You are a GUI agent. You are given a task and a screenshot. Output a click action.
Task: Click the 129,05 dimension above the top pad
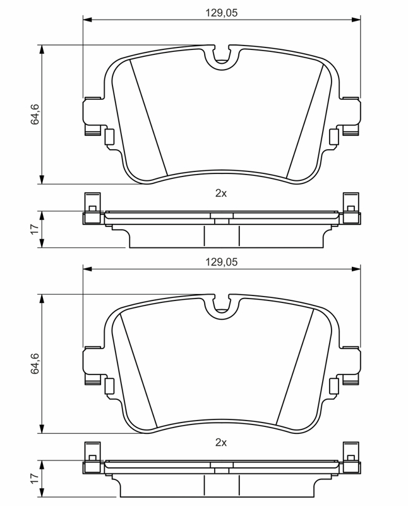tap(222, 13)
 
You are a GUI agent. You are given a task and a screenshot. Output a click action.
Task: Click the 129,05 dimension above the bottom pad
tap(222, 262)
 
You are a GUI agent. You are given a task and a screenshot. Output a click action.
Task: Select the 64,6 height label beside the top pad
tap(35, 114)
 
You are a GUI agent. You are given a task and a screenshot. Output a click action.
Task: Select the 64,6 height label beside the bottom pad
tap(35, 363)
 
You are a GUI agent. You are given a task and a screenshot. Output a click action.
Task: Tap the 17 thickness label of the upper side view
tap(35, 230)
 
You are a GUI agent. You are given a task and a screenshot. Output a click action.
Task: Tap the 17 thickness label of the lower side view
tap(35, 479)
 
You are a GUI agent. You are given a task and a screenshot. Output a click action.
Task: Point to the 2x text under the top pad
tap(221, 194)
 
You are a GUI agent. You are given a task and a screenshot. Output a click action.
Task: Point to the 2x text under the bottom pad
tap(221, 442)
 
